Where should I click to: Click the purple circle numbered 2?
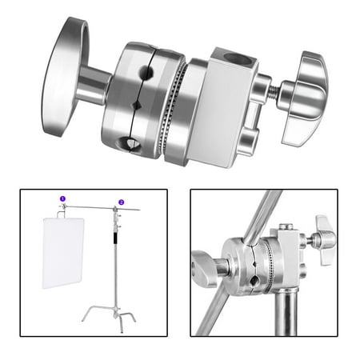tap(121, 202)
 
